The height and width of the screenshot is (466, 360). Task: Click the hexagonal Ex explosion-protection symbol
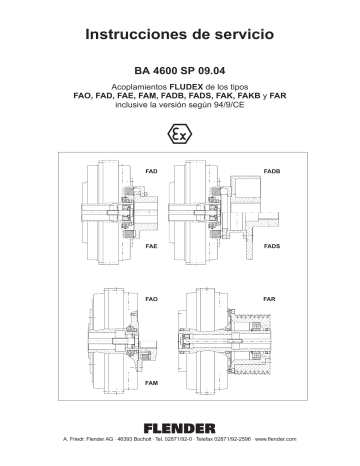180,132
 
